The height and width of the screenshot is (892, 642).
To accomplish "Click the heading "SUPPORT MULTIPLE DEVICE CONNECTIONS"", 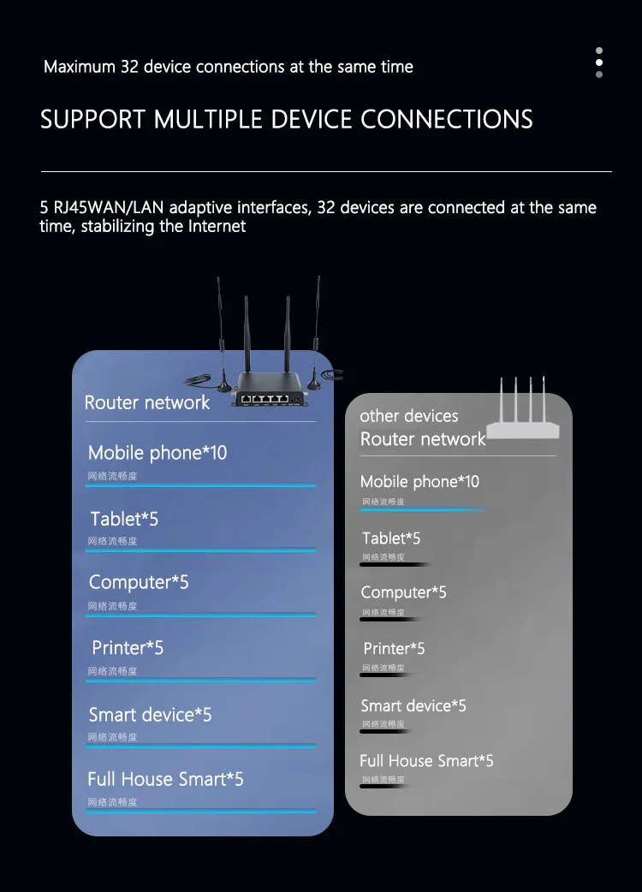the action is tap(286, 119).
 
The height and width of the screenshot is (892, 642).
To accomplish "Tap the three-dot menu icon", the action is tap(599, 62).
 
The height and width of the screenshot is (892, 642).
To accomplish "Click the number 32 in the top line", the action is tap(129, 67).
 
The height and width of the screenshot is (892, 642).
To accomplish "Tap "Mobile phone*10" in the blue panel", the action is tap(158, 453).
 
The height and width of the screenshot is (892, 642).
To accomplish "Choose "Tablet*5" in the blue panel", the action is tap(124, 519).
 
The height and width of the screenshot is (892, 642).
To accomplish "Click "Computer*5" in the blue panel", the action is tap(139, 582).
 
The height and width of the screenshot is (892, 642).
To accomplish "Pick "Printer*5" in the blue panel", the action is tap(128, 648).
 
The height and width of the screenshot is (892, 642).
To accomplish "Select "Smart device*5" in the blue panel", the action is tap(150, 715).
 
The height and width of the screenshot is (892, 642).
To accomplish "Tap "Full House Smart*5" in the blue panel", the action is tap(165, 779).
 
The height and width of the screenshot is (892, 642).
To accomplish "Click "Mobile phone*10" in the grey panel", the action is tap(419, 482).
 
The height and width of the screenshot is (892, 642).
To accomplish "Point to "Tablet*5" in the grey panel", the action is tap(391, 538).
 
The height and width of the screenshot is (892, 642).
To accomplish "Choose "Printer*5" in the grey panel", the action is tap(394, 649).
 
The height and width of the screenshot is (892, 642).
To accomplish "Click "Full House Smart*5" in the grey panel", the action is tap(426, 761).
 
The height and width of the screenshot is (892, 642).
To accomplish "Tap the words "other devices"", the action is tap(409, 416).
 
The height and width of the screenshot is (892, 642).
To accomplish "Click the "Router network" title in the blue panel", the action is tap(147, 402).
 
